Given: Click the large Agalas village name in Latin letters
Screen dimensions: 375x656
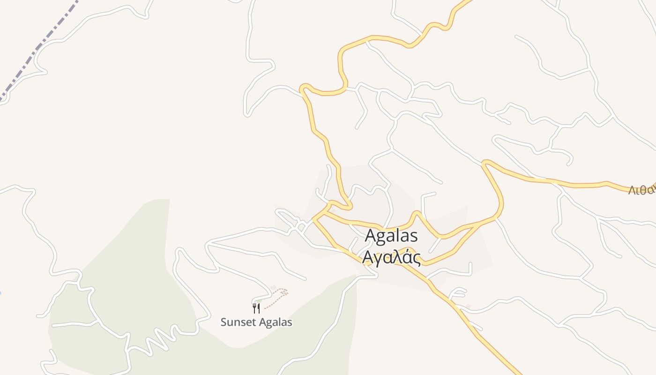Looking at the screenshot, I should tap(391, 236).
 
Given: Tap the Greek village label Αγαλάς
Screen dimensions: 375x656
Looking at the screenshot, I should tap(391, 257).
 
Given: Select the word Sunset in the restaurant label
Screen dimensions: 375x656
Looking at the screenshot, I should tap(238, 322).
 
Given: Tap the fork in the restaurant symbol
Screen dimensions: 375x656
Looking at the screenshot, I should tap(254, 308).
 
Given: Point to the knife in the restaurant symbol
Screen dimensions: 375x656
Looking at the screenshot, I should tap(259, 308).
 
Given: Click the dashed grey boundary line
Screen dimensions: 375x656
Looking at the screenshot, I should tap(42, 47).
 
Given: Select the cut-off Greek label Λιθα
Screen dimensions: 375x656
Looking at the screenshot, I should tap(642, 190).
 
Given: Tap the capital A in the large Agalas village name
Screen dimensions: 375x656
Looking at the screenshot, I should tap(371, 236).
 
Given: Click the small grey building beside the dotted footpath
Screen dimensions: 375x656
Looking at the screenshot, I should tap(273, 287).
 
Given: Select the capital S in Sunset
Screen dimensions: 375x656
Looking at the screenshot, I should tap(224, 322).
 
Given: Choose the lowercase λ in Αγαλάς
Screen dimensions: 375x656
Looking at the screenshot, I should tap(396, 257).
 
